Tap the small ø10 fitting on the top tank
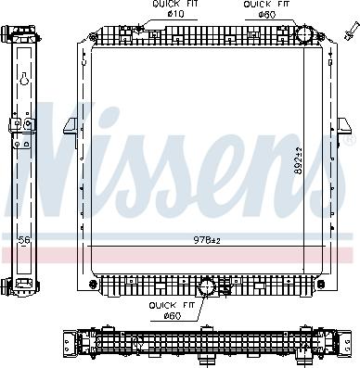coord(176,36)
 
